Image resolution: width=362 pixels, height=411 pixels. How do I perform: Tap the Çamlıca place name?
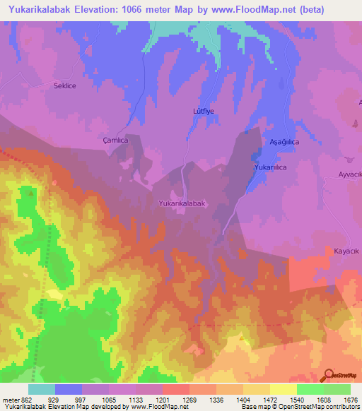pyautogui.click(x=115, y=140)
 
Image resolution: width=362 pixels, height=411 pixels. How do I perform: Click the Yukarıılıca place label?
pyautogui.click(x=270, y=167)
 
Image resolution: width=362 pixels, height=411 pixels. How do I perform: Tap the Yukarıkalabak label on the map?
pyautogui.click(x=182, y=203)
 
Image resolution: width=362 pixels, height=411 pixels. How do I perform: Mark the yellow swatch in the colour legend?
pyautogui.click(x=283, y=389)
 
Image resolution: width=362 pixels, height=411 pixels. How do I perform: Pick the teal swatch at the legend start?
pyautogui.click(x=42, y=389)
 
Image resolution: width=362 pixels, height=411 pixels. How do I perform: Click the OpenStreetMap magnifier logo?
pyautogui.click(x=328, y=374)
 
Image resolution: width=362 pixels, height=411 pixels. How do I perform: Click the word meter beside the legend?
pyautogui.click(x=10, y=400)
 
